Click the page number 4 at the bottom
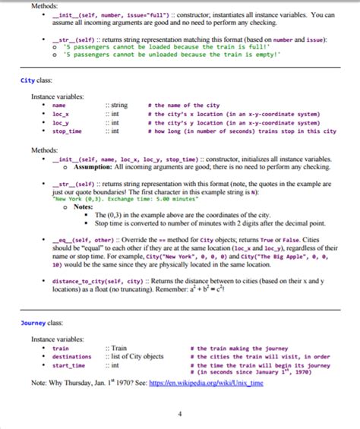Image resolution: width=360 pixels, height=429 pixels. click(x=180, y=414)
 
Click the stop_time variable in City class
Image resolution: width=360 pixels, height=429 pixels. click(x=68, y=131)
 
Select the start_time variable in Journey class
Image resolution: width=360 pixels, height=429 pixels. click(x=68, y=365)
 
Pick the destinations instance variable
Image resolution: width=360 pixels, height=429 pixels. click(x=71, y=357)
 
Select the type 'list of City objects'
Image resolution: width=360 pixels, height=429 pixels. click(x=137, y=357)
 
